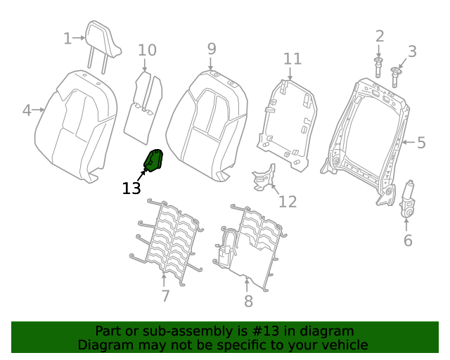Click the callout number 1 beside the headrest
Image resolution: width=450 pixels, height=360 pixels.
(67, 38)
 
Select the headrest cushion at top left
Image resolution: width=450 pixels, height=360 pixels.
(102, 39)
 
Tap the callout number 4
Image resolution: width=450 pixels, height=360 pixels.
(27, 110)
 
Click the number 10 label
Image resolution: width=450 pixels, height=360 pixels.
(146, 51)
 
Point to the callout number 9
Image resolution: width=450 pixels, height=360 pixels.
(211, 49)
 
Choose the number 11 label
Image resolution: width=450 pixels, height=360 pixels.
(292, 59)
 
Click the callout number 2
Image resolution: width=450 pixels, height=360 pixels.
(380, 36)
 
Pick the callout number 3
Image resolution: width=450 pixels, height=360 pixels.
(412, 51)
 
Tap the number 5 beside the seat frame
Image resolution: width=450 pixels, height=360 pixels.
(421, 143)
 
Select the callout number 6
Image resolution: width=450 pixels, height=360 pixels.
(408, 240)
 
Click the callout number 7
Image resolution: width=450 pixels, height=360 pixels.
(165, 296)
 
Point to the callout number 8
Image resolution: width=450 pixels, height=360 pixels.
(247, 302)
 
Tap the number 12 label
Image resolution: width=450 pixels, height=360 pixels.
(288, 202)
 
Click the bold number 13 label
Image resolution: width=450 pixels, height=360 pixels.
(131, 188)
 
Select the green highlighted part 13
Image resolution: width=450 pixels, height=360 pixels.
(154, 161)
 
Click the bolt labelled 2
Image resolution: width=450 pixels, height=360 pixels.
(379, 68)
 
